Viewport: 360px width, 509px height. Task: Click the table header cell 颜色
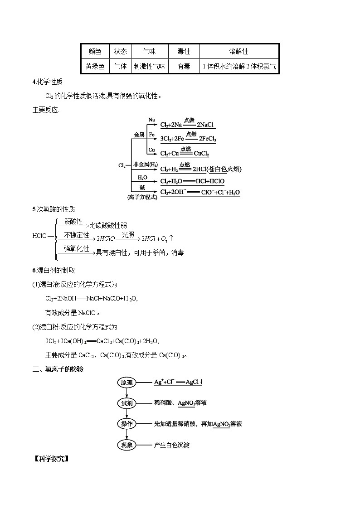[95, 52]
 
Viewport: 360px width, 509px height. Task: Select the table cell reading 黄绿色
[95, 66]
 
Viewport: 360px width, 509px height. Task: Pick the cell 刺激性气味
[149, 66]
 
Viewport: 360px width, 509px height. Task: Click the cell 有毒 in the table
[184, 66]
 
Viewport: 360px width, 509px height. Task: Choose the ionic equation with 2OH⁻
[200, 192]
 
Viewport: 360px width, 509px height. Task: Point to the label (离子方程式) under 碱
[142, 197]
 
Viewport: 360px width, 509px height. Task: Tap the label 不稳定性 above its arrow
[76, 234]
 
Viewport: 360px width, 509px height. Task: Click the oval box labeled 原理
[126, 383]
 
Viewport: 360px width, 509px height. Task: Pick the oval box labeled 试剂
[126, 403]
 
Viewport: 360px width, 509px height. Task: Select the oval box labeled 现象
[126, 445]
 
